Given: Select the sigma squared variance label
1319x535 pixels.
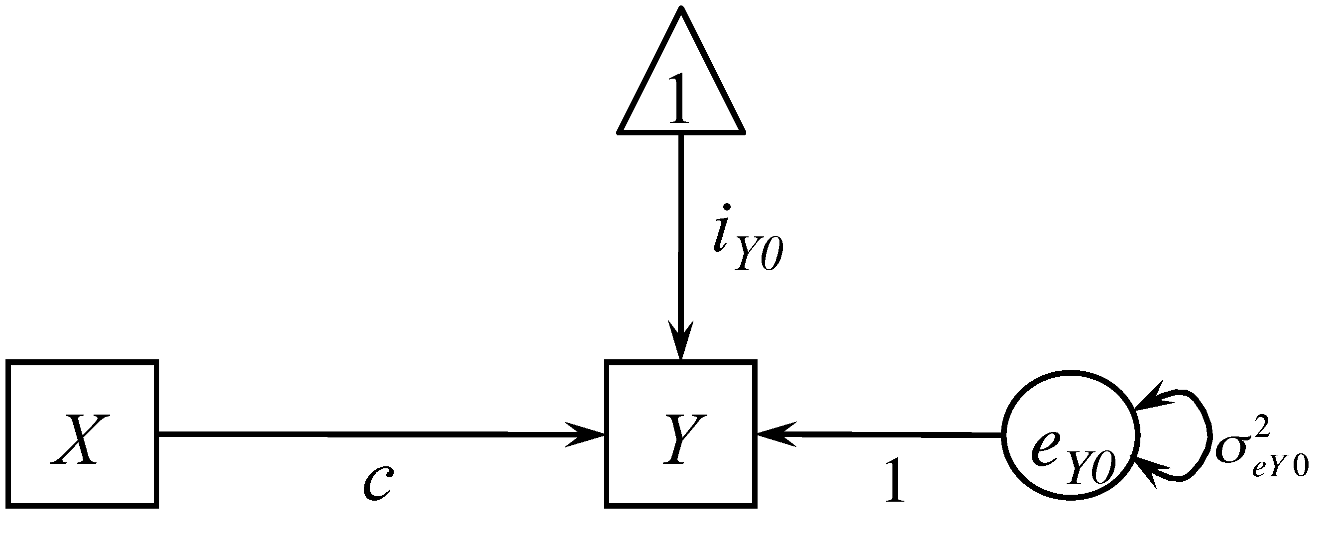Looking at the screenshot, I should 1260,450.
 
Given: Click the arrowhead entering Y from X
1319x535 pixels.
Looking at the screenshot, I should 589,435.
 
